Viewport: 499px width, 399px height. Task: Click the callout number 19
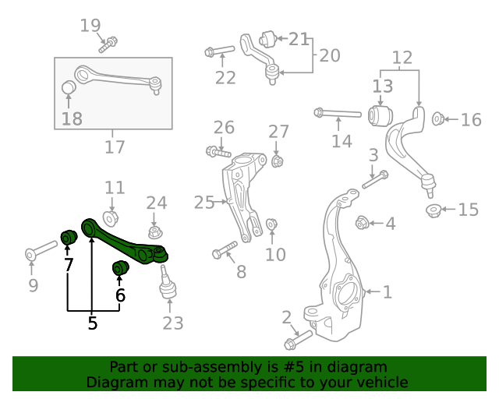coord(90,26)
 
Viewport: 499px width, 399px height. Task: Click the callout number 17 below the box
coord(114,146)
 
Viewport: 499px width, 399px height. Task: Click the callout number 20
coord(330,55)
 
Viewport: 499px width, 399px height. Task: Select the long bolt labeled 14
coord(337,114)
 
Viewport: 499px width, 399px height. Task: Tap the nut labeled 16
coord(438,118)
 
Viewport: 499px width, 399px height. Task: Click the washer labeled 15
coord(433,210)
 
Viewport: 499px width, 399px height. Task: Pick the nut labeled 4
coord(362,224)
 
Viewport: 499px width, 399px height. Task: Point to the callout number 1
coord(388,292)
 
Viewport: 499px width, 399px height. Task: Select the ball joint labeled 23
coord(167,283)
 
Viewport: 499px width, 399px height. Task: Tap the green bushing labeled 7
coord(68,235)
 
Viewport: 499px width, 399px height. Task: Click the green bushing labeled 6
coord(119,269)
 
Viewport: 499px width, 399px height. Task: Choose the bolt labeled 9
coord(41,252)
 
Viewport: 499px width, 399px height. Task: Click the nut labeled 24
coord(155,231)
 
